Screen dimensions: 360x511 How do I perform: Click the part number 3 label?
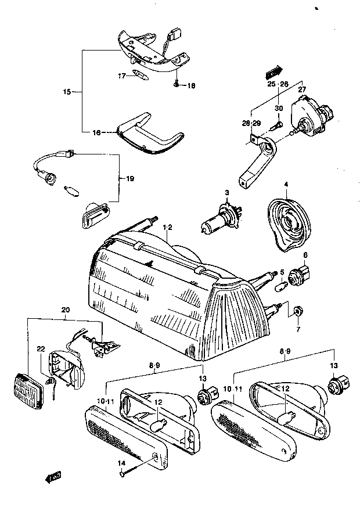(227, 193)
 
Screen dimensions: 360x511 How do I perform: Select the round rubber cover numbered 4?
(288, 225)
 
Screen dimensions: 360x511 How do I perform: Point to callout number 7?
(298, 329)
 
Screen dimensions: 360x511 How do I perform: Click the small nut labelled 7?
(297, 311)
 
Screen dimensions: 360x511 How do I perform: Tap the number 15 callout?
(67, 92)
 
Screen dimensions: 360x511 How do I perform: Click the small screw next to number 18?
(177, 84)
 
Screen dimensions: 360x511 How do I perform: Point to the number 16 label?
(97, 132)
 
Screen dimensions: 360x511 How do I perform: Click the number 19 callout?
(130, 179)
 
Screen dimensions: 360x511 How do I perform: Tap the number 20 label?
(65, 310)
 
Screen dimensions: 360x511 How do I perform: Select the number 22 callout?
(41, 349)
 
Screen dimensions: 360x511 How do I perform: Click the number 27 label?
(302, 89)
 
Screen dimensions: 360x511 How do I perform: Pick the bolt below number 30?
(277, 125)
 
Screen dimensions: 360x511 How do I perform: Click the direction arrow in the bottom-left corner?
(53, 477)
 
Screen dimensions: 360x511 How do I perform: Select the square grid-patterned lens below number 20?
(28, 391)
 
